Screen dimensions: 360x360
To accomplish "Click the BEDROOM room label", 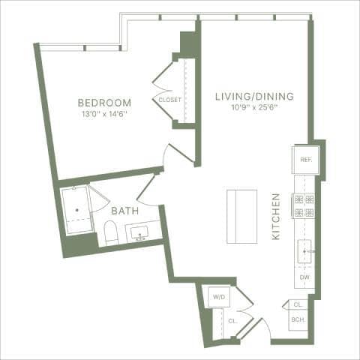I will click(104, 102).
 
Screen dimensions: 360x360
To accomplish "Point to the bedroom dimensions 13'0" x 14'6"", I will click(104, 114).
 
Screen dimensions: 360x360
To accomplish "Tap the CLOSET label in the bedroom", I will click(169, 100).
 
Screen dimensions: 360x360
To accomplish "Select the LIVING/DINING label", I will click(253, 96).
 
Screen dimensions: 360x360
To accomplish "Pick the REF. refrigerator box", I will click(305, 159).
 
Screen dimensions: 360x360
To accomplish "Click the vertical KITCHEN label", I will click(276, 217).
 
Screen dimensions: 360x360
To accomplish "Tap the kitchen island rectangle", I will click(241, 216).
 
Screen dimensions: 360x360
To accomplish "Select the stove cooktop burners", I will click(304, 205).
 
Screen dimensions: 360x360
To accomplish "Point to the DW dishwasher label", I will click(304, 277).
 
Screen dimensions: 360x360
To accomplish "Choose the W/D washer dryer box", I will click(219, 297).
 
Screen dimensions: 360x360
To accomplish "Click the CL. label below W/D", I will click(232, 319).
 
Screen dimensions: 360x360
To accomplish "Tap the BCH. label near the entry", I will click(298, 320).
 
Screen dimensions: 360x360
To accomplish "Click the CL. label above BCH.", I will click(298, 305).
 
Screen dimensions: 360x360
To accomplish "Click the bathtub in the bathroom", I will click(76, 210).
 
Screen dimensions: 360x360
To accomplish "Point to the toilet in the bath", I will click(111, 233).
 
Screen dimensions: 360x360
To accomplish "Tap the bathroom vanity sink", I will click(140, 233).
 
